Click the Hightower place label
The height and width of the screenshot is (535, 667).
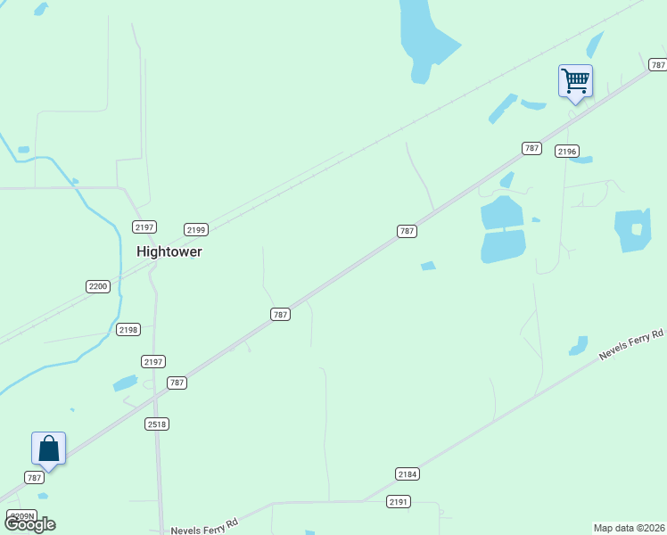point(169,251)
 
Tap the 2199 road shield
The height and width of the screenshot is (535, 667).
point(196,229)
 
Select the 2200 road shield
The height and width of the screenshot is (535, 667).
point(98,286)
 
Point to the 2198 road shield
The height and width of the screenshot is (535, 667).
point(128,330)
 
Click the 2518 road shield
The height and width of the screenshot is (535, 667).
point(157,424)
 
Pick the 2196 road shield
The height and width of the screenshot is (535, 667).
point(567,151)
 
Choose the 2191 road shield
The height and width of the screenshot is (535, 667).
point(399,502)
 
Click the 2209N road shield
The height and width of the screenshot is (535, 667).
point(21,515)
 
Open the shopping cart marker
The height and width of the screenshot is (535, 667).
point(575,81)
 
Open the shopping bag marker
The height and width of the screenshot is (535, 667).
point(48,449)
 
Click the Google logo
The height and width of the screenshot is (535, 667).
point(30,524)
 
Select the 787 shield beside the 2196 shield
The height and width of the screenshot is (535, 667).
point(531,148)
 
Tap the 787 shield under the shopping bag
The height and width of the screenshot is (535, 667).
point(35,478)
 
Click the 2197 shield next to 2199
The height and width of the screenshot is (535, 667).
point(144,226)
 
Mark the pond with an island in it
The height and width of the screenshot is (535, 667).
point(633,230)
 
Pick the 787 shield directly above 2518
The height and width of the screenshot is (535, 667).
point(177,383)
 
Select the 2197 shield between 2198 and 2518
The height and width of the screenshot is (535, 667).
point(152,361)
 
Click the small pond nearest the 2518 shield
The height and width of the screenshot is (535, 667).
point(126,383)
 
